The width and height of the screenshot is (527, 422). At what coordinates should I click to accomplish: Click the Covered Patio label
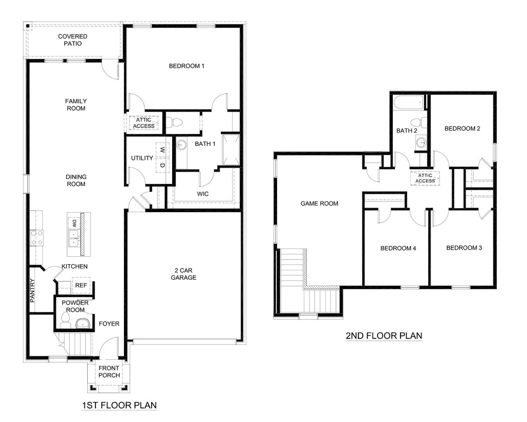coord(72,40)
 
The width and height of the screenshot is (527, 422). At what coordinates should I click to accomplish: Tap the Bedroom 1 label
coord(187,66)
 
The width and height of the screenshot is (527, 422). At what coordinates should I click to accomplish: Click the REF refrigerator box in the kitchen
coord(81,285)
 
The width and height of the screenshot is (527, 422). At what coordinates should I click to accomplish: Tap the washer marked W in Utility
coord(162,149)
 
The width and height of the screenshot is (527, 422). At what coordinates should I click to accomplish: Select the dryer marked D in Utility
coord(162,165)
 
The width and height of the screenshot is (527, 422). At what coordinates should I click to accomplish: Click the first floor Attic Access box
coord(144,123)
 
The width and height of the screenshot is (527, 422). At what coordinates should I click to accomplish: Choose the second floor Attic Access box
coord(425,178)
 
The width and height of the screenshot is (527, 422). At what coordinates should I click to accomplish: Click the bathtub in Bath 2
coord(408,103)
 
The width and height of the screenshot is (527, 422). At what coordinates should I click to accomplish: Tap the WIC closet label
coord(203,194)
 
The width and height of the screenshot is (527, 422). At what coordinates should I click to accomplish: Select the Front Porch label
coord(109,371)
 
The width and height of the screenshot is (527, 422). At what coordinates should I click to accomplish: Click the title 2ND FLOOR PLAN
coord(384,335)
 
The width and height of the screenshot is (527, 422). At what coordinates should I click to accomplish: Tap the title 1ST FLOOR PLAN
coord(119,405)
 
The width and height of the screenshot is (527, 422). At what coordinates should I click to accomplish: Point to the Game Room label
coord(319,203)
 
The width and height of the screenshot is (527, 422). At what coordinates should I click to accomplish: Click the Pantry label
coord(33,291)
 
